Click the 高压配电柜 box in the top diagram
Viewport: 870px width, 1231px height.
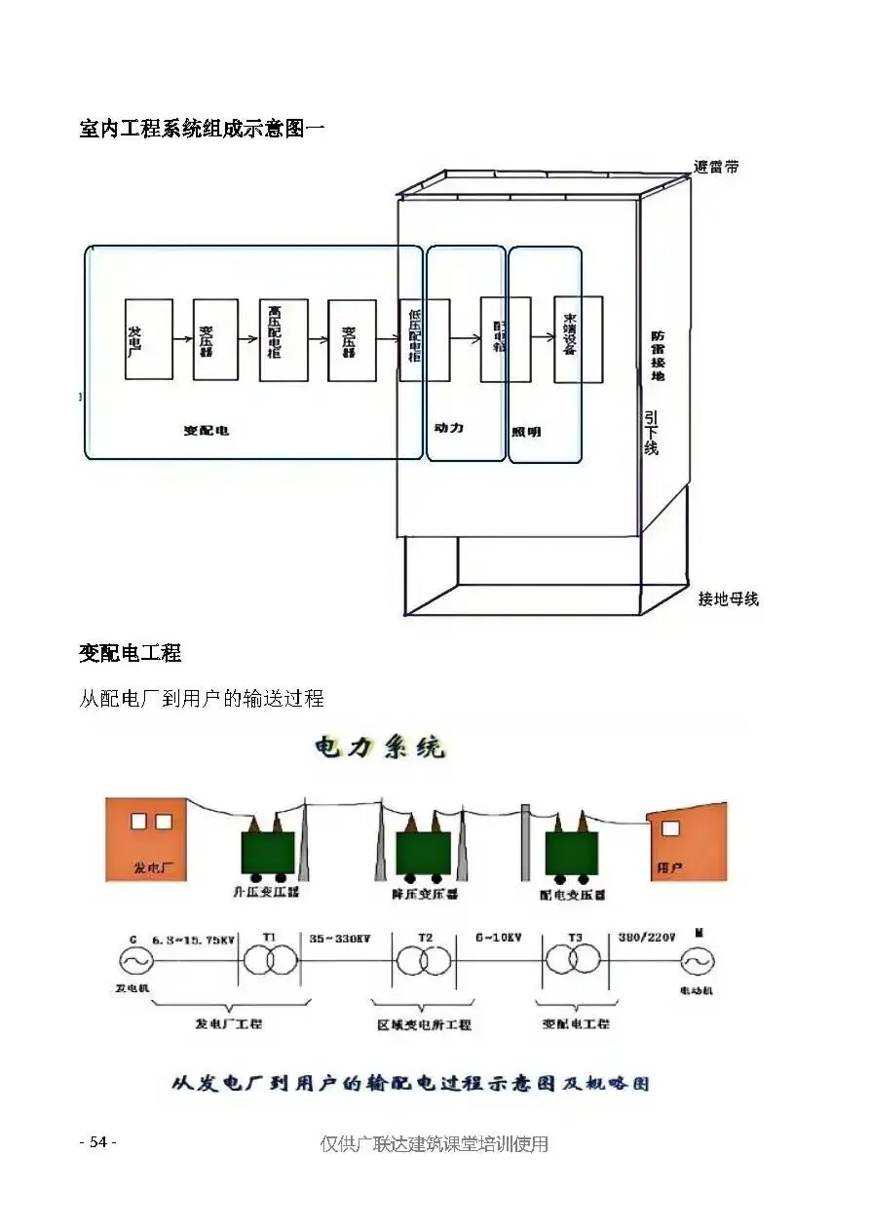coord(284,339)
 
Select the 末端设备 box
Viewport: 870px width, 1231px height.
coord(578,338)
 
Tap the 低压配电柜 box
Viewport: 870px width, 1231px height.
coord(425,339)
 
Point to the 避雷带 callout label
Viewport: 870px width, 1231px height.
coord(716,167)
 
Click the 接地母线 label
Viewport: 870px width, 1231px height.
coord(728,599)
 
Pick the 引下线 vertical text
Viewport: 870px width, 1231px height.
coord(651,431)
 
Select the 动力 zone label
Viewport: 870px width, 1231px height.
coord(448,428)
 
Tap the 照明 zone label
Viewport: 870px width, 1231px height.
coord(526,432)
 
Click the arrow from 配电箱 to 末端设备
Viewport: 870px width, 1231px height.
coord(543,338)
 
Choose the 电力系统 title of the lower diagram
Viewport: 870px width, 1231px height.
coord(380,749)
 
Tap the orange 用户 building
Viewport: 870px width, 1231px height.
coord(687,842)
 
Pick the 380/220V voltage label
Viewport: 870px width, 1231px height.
coord(646,939)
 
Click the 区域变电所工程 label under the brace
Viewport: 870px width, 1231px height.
coord(424,1024)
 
